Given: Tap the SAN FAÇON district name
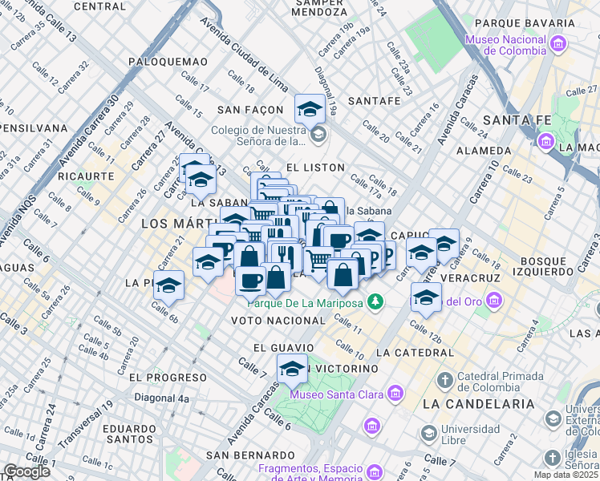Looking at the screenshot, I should tap(250, 109).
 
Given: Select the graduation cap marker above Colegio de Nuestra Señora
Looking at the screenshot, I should tap(310, 108).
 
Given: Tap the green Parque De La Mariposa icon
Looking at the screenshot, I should tap(374, 302).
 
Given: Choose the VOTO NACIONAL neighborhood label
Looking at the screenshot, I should tap(278, 321).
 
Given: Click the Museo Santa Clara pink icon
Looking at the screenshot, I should tap(394, 394).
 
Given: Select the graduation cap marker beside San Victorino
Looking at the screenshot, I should tap(293, 369).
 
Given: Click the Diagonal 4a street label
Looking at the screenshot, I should tap(161, 398).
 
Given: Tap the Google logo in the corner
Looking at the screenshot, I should tap(27, 471).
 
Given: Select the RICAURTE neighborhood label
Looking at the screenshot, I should tap(86, 175).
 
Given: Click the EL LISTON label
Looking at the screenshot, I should tap(314, 168).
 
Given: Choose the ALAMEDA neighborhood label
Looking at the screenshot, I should tap(483, 151).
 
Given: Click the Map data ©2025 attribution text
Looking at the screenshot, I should tap(566, 475).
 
